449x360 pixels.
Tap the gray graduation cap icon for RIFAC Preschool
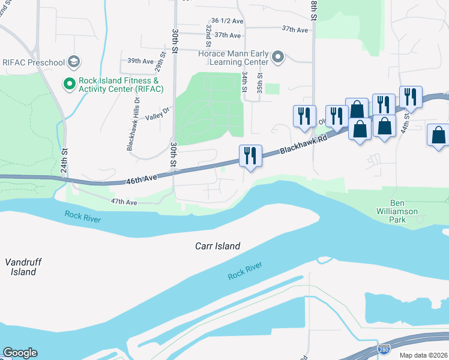click(x=74, y=61)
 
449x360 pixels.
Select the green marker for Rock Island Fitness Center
click(x=70, y=85)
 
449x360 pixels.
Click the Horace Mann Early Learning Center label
click(x=233, y=58)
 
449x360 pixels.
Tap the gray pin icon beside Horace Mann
click(x=277, y=58)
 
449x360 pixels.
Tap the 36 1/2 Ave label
click(x=227, y=20)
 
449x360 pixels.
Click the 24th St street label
click(x=65, y=160)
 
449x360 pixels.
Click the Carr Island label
click(x=218, y=246)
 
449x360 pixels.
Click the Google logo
click(x=20, y=353)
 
